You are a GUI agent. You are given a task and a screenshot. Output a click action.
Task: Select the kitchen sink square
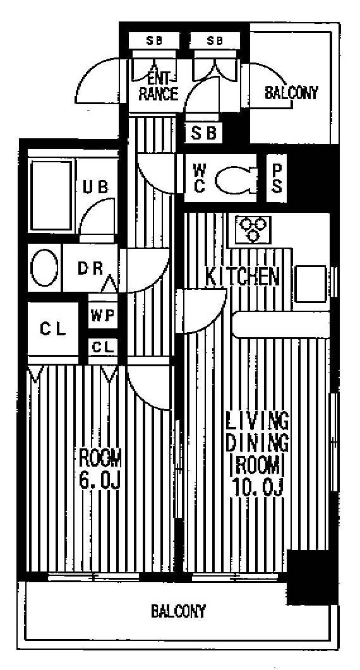click(311, 284)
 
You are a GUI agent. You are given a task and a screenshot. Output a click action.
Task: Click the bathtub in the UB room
click(50, 195)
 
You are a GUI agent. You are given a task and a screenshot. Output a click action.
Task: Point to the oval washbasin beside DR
click(44, 268)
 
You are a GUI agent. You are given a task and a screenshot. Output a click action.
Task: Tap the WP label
click(102, 315)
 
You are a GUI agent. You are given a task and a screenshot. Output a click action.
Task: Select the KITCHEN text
click(242, 277)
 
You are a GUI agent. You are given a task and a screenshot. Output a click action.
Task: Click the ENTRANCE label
click(158, 87)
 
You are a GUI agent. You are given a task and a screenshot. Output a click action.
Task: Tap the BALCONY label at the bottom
click(179, 611)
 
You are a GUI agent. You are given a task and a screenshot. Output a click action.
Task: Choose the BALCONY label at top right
click(292, 92)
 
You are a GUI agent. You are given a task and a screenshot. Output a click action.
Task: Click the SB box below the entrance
click(203, 133)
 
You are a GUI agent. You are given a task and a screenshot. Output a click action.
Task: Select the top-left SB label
click(154, 41)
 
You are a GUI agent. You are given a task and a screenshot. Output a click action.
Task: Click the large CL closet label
click(53, 329)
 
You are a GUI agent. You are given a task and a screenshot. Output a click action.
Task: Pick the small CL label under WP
click(103, 347)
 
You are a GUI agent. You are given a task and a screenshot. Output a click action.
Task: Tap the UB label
click(95, 187)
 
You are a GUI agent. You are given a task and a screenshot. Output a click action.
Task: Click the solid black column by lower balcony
click(312, 577)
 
